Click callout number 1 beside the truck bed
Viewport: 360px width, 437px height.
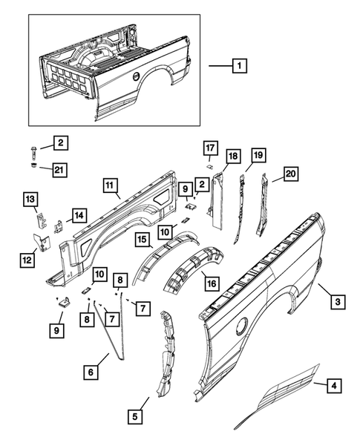(238, 67)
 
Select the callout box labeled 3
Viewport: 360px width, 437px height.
(337, 301)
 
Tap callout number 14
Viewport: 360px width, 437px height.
(76, 216)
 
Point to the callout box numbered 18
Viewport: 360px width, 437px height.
(232, 156)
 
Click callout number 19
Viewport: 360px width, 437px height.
(258, 155)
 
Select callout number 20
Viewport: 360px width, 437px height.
(289, 174)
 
